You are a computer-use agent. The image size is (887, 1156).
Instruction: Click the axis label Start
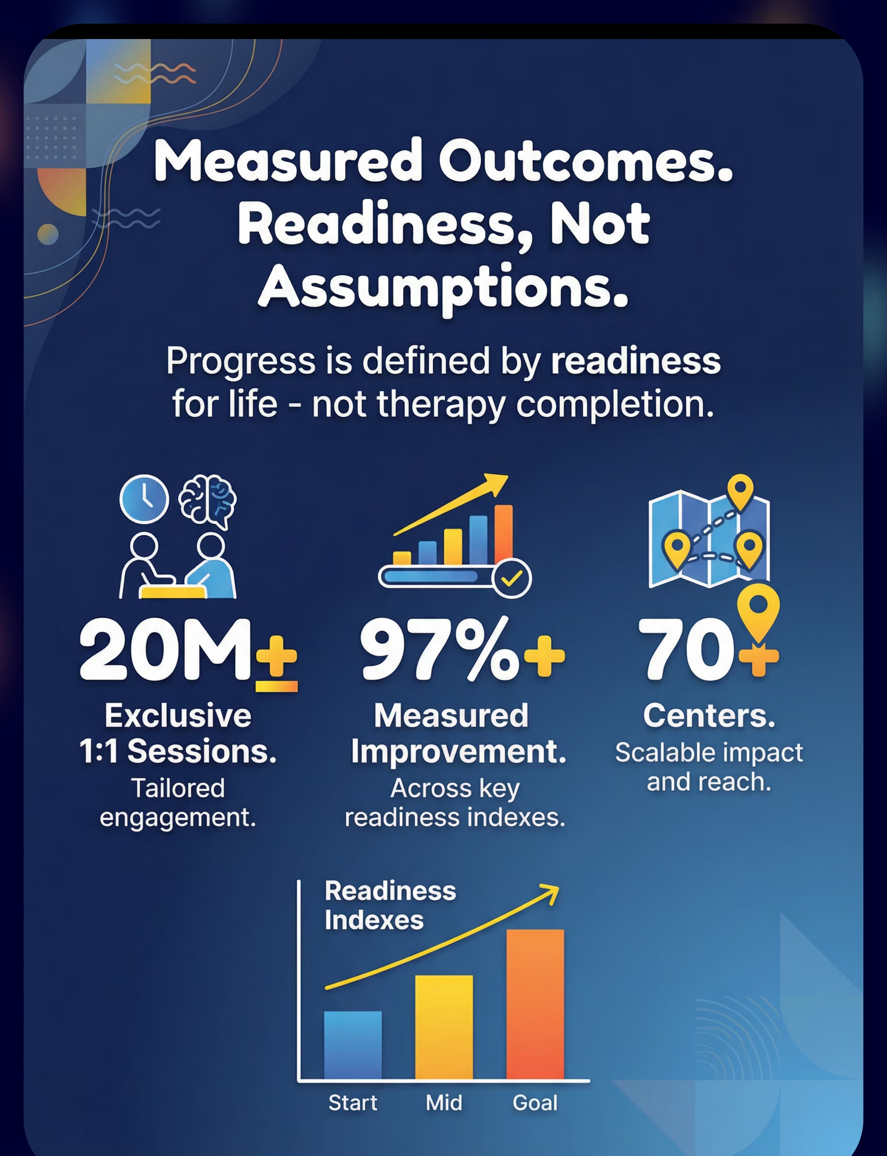point(353,1103)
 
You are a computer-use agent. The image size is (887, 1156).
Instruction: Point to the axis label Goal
point(535,1103)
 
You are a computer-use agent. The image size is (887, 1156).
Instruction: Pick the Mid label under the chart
point(444,1103)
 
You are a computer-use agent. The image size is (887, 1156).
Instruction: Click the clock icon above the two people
point(144,499)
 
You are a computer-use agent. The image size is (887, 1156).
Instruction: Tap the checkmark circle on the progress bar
point(511,578)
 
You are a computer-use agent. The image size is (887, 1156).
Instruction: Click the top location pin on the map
point(740,491)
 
